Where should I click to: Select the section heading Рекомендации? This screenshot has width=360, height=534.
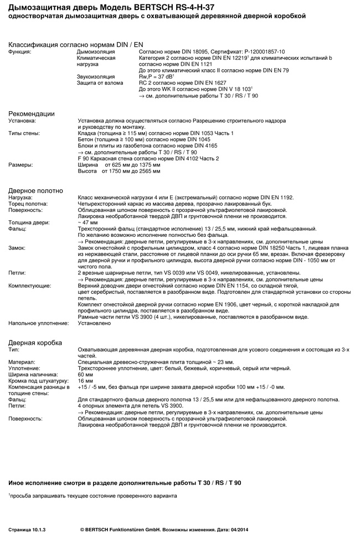pos(32,113)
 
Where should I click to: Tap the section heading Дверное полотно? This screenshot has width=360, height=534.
pos(35,190)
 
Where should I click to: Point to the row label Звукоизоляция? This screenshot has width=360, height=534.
pos(96,76)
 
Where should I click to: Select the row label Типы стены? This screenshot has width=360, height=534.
pos(24,133)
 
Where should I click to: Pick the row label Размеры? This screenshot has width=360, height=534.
pos(20,164)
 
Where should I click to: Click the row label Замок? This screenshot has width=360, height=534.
pos(18,248)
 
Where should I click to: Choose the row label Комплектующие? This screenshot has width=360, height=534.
pos(29,286)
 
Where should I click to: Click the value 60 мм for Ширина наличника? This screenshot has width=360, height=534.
pos(86,375)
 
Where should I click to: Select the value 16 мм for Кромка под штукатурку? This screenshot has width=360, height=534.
pos(86,381)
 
